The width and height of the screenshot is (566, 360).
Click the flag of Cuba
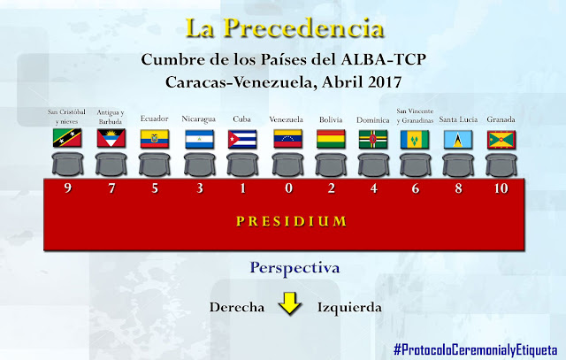(x=241, y=139)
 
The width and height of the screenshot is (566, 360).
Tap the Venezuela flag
(x=286, y=139)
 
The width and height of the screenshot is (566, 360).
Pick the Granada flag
(x=501, y=139)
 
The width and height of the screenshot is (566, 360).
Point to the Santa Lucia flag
(x=459, y=139)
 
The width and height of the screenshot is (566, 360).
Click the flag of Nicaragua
(x=198, y=139)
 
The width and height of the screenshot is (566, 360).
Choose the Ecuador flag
(x=155, y=139)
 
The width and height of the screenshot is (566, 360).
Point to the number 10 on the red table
(x=501, y=188)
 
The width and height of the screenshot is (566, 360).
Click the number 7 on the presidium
(x=111, y=188)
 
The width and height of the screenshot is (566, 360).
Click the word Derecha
(x=238, y=308)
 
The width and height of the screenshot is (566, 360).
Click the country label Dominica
(x=372, y=119)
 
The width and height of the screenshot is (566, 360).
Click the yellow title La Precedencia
(x=277, y=27)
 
